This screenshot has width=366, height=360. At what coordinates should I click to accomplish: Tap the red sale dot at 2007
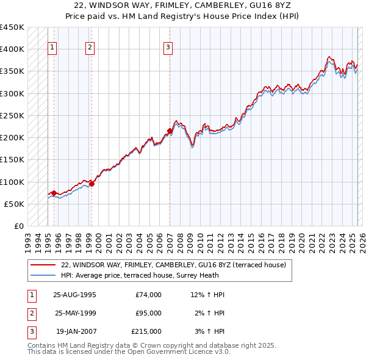(170, 131)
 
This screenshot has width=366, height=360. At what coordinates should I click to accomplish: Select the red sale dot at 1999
(91, 183)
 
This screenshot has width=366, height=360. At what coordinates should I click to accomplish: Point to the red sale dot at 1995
(54, 193)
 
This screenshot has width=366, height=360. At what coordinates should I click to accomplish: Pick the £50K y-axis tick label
(15, 204)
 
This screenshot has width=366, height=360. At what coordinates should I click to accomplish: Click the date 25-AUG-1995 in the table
(74, 295)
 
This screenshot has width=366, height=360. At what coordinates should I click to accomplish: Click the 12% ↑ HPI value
(207, 295)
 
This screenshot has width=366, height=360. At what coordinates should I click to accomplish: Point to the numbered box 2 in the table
(31, 313)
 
